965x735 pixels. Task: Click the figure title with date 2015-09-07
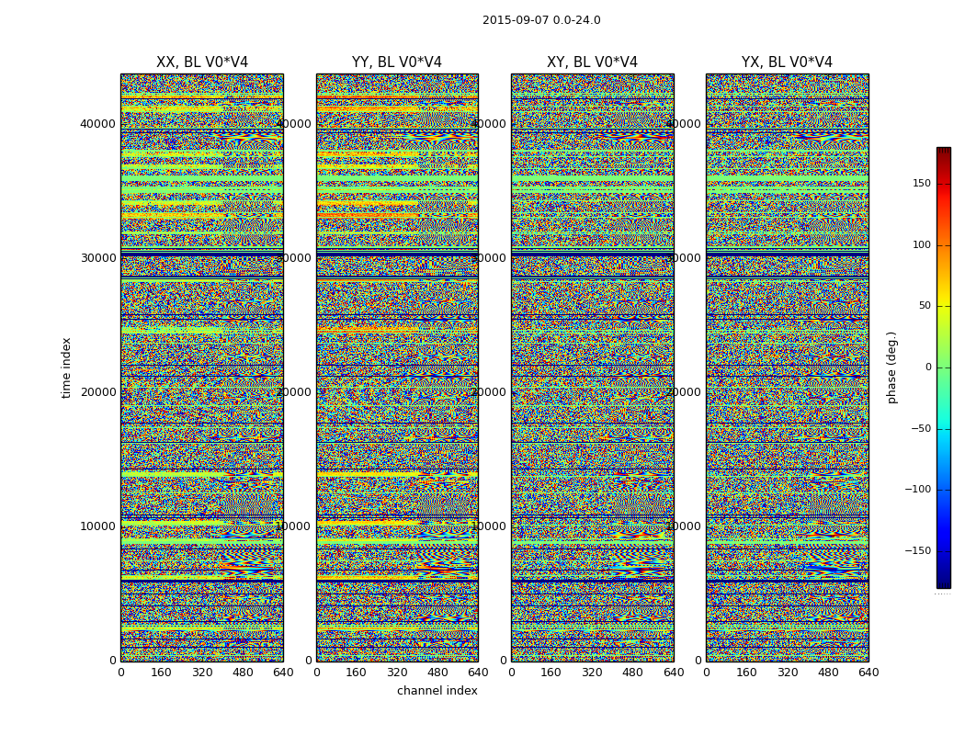tap(541, 20)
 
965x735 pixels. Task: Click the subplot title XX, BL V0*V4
tap(202, 62)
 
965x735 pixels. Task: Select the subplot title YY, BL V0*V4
tap(397, 62)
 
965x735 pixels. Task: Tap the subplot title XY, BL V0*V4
tap(592, 62)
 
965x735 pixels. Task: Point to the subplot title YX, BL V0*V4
tap(787, 62)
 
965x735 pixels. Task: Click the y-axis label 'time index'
tap(66, 367)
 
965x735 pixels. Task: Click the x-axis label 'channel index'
tap(437, 691)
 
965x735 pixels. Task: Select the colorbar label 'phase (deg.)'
tap(891, 367)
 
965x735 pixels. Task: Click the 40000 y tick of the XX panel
tap(98, 124)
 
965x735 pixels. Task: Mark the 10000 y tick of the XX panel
tap(98, 526)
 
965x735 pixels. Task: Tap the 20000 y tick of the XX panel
tap(98, 392)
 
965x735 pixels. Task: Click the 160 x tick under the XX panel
tap(161, 673)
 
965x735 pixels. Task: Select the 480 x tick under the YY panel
tap(437, 673)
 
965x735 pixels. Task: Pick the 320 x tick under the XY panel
tap(592, 673)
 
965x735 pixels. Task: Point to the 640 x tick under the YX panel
tap(868, 673)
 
